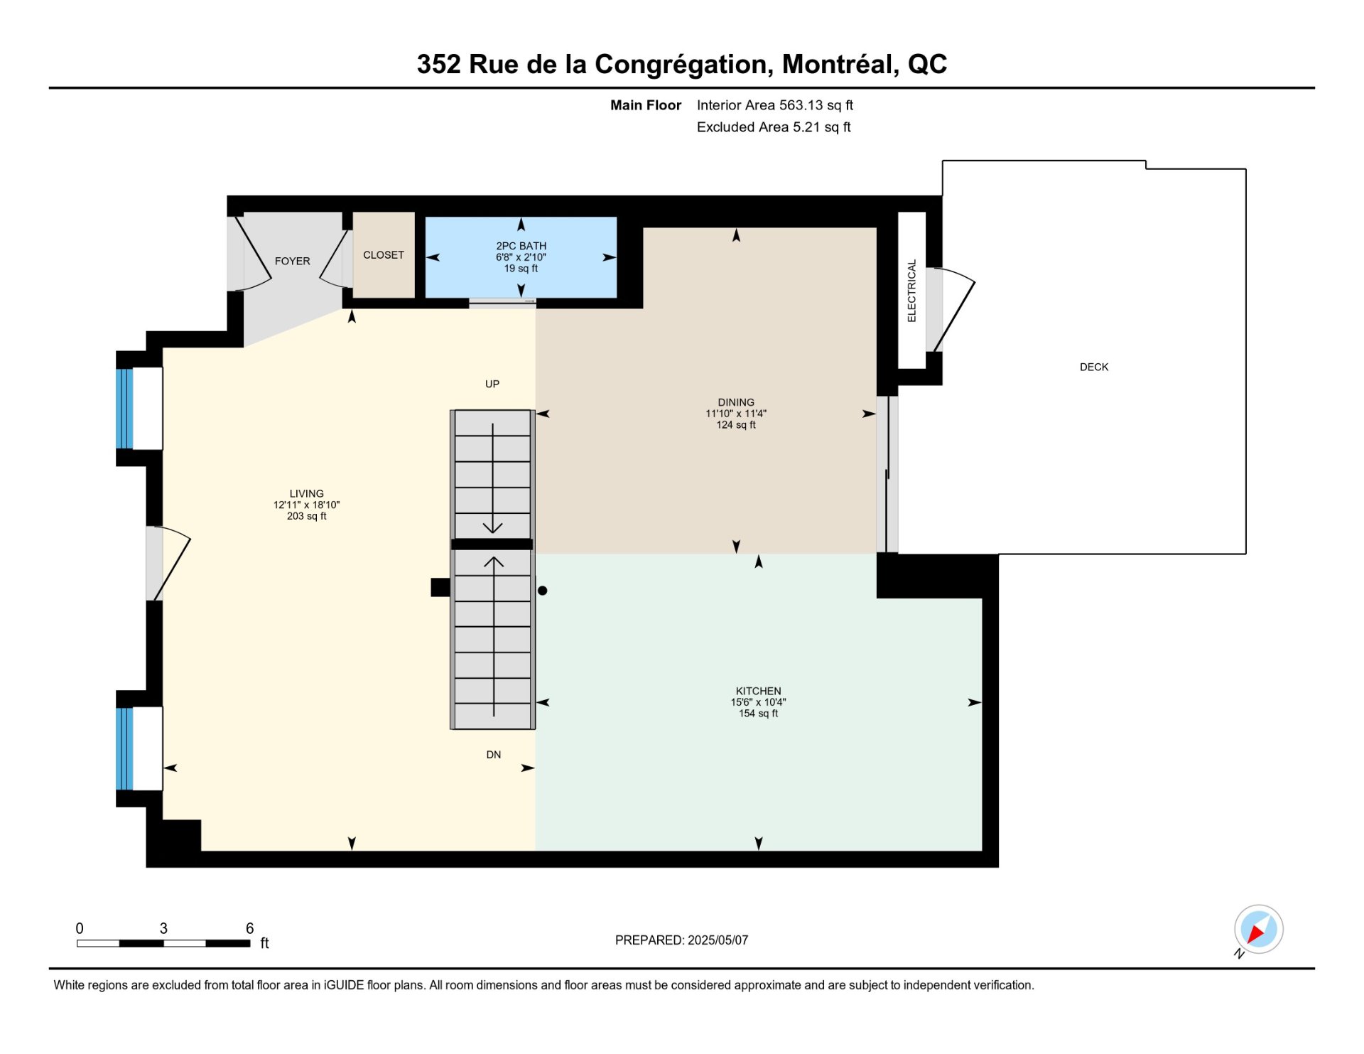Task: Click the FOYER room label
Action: pyautogui.click(x=292, y=262)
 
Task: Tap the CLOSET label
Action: pyautogui.click(x=384, y=255)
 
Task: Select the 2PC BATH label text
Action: pyautogui.click(x=521, y=246)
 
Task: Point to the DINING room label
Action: pyautogui.click(x=736, y=402)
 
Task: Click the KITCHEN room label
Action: pyautogui.click(x=758, y=691)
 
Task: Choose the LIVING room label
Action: pyautogui.click(x=306, y=494)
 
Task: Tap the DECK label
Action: pyautogui.click(x=1094, y=367)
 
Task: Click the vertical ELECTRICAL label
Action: pyautogui.click(x=912, y=291)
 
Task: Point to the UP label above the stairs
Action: pyautogui.click(x=492, y=385)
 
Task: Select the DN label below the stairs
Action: pyautogui.click(x=494, y=755)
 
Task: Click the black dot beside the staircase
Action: pyautogui.click(x=543, y=591)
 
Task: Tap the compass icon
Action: pyautogui.click(x=1258, y=930)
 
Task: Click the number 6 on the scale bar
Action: pyautogui.click(x=250, y=928)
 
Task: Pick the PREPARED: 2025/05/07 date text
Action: pyautogui.click(x=681, y=940)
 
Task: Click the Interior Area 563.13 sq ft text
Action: pyautogui.click(x=774, y=105)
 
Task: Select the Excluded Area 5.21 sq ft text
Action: pyautogui.click(x=774, y=127)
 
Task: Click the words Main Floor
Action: pyautogui.click(x=646, y=105)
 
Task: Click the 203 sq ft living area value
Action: pyautogui.click(x=306, y=517)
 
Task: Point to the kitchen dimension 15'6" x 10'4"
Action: pyautogui.click(x=758, y=702)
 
